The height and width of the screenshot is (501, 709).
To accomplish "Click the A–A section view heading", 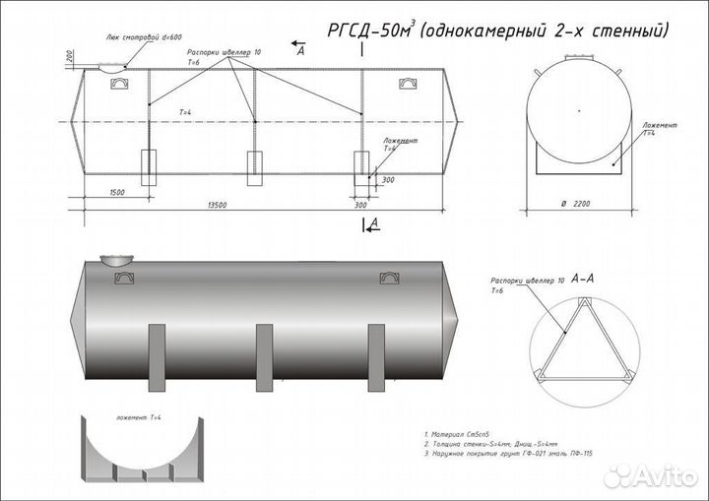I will [582, 280].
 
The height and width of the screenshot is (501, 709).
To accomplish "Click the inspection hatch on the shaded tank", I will [117, 261].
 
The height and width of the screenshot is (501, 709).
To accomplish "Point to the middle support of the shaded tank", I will [264, 350].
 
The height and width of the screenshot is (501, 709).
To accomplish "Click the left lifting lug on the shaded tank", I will [125, 279].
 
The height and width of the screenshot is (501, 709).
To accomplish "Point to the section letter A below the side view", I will [373, 224].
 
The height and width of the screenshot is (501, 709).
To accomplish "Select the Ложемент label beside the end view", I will [660, 127].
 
